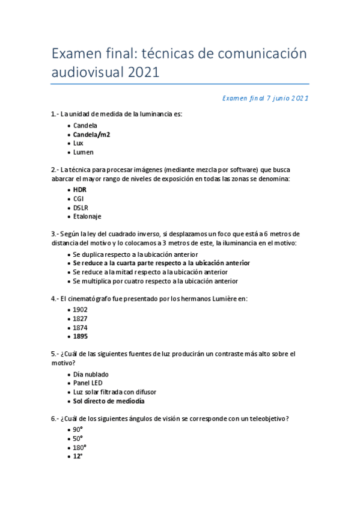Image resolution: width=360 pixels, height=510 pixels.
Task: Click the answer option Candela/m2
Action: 91,135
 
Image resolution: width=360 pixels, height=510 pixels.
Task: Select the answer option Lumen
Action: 84,153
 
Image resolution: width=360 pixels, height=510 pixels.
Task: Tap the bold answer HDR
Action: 80,189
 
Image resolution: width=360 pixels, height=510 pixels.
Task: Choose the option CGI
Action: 79,198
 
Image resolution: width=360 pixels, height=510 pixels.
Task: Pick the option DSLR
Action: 81,207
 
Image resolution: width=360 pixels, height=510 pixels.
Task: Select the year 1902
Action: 81,309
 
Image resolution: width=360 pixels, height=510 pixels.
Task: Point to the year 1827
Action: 81,318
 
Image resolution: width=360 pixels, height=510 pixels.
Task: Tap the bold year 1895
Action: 81,336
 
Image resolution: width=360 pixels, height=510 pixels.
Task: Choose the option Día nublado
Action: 91,374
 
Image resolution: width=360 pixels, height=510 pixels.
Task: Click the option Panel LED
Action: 88,382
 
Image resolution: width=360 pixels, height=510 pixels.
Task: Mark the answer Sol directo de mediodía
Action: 109,401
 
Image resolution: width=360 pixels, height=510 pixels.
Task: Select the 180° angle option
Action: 79,447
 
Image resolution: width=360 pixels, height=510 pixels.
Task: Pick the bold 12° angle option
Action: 78,456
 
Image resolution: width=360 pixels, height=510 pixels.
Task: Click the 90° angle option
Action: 78,429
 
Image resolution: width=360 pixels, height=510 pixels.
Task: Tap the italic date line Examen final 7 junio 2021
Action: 265,97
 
